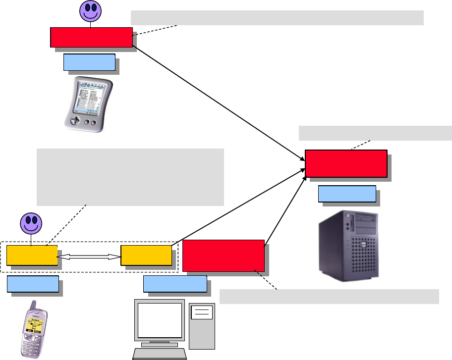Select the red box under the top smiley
[91, 38]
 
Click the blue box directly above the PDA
[89, 62]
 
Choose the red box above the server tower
[345, 163]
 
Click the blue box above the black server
[346, 194]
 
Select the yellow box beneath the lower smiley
[32, 255]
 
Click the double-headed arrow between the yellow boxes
[89, 257]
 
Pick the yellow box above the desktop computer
[147, 255]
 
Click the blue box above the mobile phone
[33, 284]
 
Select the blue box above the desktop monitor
[174, 284]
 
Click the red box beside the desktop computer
[223, 255]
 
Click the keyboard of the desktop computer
[160, 354]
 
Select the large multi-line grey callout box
[130, 176]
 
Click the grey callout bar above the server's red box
[375, 133]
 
